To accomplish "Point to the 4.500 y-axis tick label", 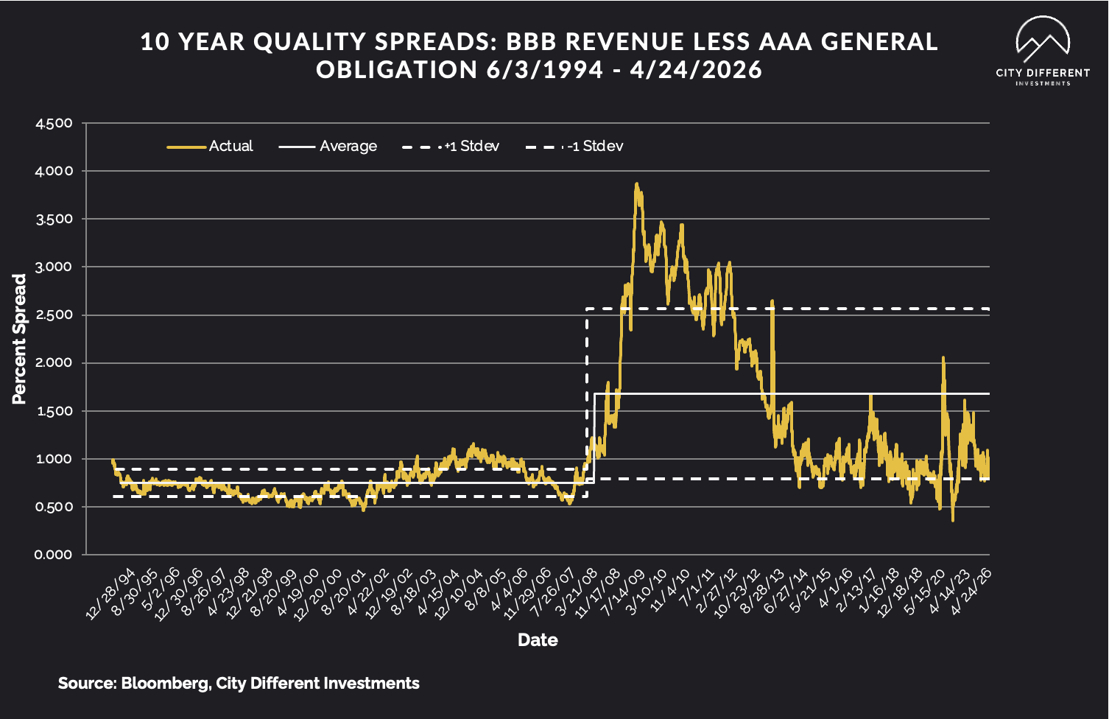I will [54, 123].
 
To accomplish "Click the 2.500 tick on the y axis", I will [54, 315].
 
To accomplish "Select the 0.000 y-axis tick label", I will [54, 555].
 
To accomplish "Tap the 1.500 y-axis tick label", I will [54, 411].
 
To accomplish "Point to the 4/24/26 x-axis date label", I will [971, 594].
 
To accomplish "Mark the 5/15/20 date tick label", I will [925, 594].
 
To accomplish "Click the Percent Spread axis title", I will [19, 339].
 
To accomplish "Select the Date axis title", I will [538, 639].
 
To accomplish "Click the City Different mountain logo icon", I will [1042, 41].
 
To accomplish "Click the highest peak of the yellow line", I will [636, 184].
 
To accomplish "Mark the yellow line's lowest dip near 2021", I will [952, 521].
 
